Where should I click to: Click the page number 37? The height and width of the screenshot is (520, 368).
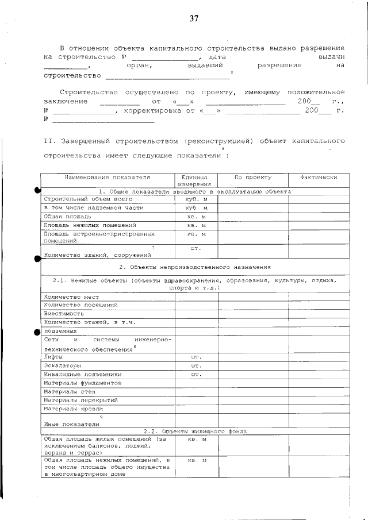(194, 18)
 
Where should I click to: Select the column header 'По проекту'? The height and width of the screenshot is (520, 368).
(253, 178)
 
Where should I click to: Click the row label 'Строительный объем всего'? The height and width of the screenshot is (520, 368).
(84, 198)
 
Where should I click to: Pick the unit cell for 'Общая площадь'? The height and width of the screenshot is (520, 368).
(196, 216)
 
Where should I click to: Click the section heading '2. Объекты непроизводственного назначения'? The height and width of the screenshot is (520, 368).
(194, 267)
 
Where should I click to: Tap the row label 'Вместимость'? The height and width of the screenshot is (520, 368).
(64, 314)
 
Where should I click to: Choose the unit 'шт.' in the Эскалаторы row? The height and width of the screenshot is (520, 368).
(196, 365)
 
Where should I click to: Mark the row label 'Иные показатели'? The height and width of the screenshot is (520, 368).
(67, 424)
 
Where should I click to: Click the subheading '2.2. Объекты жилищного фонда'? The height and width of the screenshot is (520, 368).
(194, 431)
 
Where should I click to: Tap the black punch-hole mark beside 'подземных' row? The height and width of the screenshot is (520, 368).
(38, 332)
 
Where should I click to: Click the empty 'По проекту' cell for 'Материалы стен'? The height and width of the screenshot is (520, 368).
(253, 391)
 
